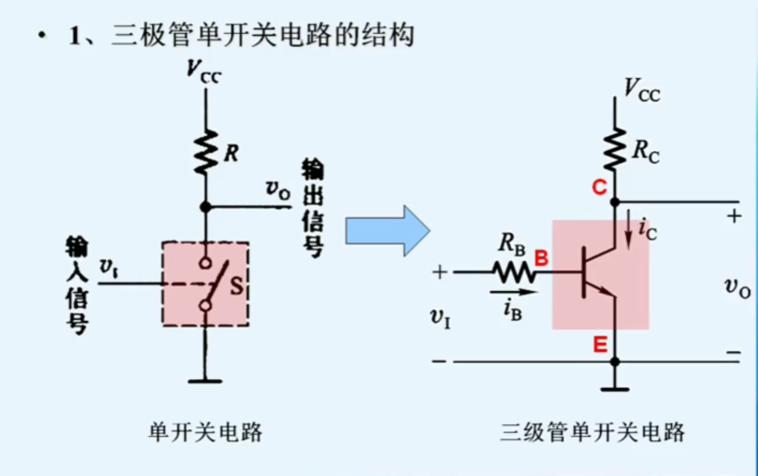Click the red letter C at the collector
pos(599,187)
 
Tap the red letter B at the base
pos(541,259)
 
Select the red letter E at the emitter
pos(600,345)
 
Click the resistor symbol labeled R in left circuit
pos(205,152)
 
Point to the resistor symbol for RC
pos(615,149)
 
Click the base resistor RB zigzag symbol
pos(514,273)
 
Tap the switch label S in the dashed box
pos(236,286)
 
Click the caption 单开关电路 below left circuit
pos(205,432)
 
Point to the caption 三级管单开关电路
pos(592,432)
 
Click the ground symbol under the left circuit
pos(205,381)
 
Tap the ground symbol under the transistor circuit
pos(615,388)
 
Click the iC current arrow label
pos(647,229)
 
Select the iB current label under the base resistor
pos(513,309)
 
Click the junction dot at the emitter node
pos(615,361)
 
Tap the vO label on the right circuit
pos(737,288)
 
